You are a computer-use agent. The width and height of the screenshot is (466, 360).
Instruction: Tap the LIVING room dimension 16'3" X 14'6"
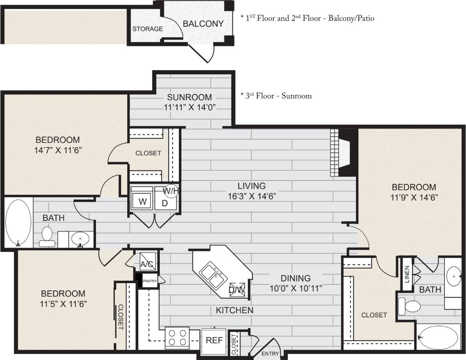(252, 195)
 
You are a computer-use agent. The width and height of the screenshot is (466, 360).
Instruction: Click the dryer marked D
(164, 202)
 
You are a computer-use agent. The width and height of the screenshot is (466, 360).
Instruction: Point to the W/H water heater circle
(171, 190)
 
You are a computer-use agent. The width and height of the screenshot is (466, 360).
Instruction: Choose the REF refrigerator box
(214, 340)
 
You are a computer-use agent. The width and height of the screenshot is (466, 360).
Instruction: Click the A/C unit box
(148, 263)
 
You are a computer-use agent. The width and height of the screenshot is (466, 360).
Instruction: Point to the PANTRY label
(149, 281)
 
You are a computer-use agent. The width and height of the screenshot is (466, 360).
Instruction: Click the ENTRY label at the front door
(270, 354)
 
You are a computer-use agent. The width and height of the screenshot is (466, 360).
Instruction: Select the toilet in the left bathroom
(46, 236)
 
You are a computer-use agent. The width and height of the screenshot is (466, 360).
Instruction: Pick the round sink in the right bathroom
(453, 275)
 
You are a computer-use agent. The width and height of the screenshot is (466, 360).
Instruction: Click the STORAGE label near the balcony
(147, 29)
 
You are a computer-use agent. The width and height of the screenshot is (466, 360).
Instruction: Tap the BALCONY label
(203, 24)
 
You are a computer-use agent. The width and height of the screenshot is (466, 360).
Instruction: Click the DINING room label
(295, 278)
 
